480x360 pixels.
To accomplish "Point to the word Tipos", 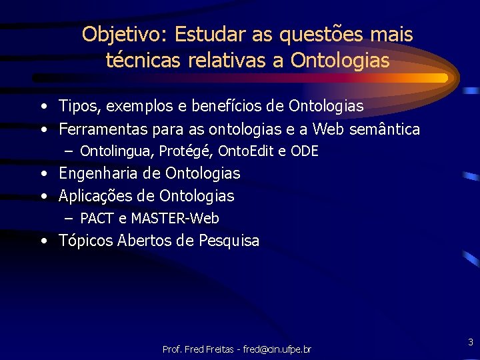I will pyautogui.click(x=77, y=106).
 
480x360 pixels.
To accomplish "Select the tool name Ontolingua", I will pyautogui.click(x=116, y=151).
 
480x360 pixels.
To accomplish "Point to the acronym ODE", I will pyautogui.click(x=305, y=151).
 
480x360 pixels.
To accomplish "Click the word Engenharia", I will pyautogui.click(x=100, y=173).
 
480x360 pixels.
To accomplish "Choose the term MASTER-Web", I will pyautogui.click(x=175, y=218).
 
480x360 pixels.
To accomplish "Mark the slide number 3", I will pyautogui.click(x=470, y=342).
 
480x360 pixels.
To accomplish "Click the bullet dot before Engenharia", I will pyautogui.click(x=43, y=174).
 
